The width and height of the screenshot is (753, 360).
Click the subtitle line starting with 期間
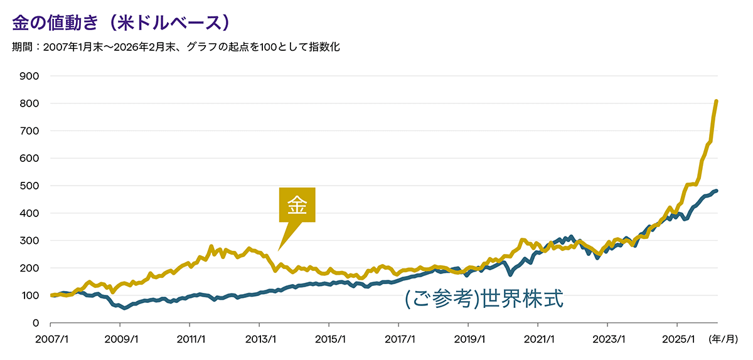coord(176,47)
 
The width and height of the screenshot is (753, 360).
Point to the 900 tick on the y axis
coord(30,76)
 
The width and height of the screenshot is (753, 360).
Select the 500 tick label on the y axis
coord(30,186)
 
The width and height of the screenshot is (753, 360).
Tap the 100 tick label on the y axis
coord(30,295)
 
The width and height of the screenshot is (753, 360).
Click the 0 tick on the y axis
coord(36,323)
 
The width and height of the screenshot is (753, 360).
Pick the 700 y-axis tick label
coord(30,131)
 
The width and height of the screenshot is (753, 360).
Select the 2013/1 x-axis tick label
coord(259,339)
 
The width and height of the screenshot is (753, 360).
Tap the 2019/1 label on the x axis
coord(468,339)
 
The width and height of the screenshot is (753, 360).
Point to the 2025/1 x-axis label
coord(676,339)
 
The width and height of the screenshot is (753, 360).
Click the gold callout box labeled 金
coord(297,205)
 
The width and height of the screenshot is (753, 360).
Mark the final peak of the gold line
coord(717,101)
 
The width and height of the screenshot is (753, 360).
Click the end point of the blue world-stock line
coord(717,191)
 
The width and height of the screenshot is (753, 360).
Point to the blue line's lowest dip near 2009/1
coord(125,308)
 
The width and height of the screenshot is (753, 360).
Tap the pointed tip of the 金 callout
coord(279,250)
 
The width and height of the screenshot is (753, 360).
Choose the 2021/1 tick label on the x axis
coord(538,339)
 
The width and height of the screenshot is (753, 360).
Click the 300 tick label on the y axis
coord(30,241)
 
